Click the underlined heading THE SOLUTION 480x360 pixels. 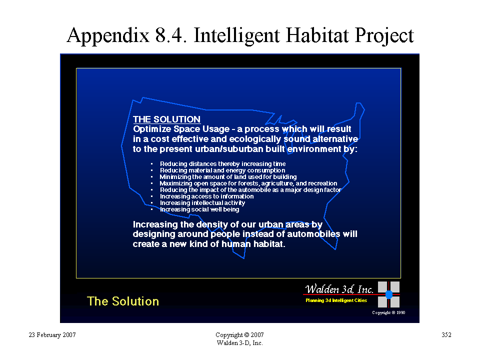167,119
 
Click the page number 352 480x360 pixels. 446,335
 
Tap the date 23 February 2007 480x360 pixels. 52,335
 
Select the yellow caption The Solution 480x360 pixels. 123,301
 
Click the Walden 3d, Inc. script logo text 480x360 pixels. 339,289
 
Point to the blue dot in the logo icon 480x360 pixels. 389,294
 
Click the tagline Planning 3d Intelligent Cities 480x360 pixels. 336,300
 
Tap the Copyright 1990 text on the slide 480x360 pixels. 388,312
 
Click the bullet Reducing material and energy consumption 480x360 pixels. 222,170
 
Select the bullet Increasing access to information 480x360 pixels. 206,196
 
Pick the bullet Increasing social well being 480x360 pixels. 199,209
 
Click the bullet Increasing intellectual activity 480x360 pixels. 202,202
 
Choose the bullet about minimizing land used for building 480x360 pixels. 228,177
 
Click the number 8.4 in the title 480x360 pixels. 171,35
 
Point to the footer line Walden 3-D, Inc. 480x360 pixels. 239,343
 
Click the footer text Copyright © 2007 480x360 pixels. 239,335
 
